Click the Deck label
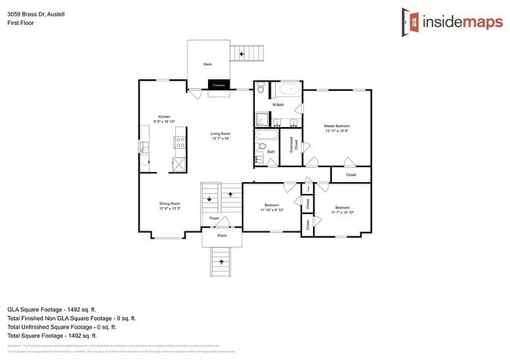[208, 64]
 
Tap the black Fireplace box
[219, 84]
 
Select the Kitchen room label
[164, 116]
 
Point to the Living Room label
[220, 134]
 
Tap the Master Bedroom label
[337, 126]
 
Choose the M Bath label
[278, 104]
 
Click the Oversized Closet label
[292, 149]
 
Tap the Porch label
[222, 235]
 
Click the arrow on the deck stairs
[242, 54]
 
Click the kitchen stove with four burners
[179, 143]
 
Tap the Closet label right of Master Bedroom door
[351, 174]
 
